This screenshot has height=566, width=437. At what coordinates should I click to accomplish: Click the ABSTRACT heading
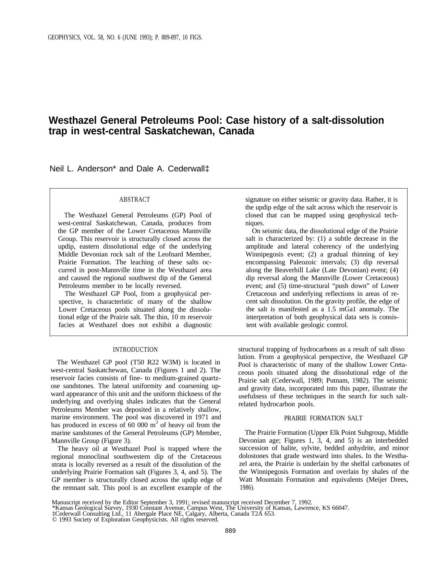point(134,200)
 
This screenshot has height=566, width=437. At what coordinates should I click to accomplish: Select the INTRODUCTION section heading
point(135,350)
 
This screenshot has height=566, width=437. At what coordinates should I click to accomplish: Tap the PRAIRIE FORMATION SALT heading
point(323,418)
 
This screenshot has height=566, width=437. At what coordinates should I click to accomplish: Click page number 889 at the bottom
point(230,531)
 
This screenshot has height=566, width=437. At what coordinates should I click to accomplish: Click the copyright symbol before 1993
point(54,520)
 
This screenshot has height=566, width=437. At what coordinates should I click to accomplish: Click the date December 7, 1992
point(287,503)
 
